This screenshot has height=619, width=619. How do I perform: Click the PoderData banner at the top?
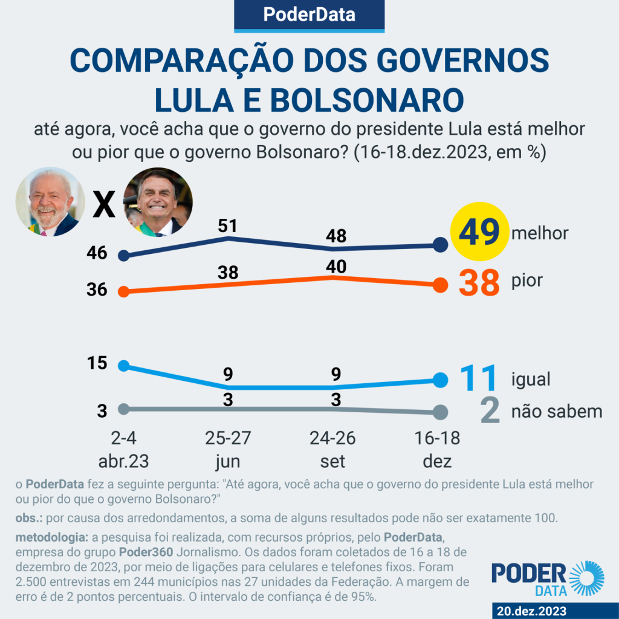coord(309,15)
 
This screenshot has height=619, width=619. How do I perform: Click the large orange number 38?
coord(479,282)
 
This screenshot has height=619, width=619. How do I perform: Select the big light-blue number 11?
coord(478,378)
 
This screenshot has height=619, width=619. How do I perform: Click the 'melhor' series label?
coord(540,233)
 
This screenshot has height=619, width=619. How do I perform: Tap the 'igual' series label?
coord(531,379)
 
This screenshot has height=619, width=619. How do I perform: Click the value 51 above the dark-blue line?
coord(228,226)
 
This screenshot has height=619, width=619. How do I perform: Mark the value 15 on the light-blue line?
coord(97,363)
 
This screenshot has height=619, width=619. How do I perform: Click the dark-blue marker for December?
coord(441,245)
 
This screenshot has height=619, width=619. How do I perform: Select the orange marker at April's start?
coord(123,291)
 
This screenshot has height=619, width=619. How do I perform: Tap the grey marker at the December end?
coord(441,412)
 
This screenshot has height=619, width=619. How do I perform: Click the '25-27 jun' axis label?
coord(228,450)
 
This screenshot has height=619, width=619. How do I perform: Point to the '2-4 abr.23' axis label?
coord(123,450)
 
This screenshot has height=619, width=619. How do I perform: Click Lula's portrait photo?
coord(50,202)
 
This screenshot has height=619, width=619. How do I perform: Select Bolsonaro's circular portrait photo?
coord(158,202)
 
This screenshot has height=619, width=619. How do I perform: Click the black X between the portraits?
coord(104,205)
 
